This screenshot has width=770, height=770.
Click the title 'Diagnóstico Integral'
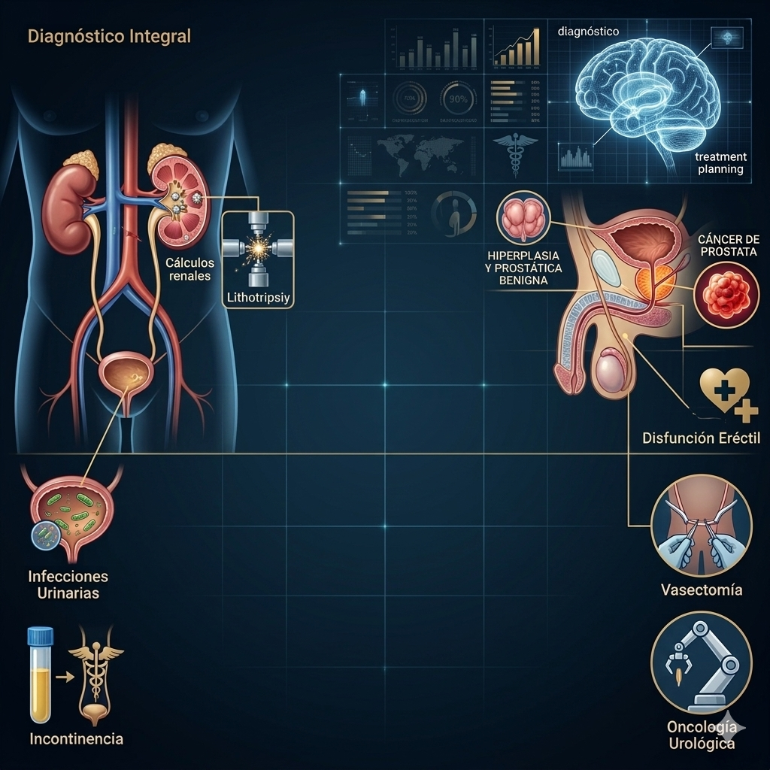[109, 35]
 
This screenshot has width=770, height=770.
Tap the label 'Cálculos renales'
[190, 269]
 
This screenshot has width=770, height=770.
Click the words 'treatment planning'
[720, 163]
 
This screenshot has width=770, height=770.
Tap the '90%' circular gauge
[458, 99]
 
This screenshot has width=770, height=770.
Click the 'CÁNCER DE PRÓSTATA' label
[729, 245]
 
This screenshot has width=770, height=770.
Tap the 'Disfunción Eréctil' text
[702, 438]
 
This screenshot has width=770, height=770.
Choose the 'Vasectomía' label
[701, 590]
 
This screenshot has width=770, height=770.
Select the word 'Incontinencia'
[76, 738]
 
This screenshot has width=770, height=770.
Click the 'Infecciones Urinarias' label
[68, 584]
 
